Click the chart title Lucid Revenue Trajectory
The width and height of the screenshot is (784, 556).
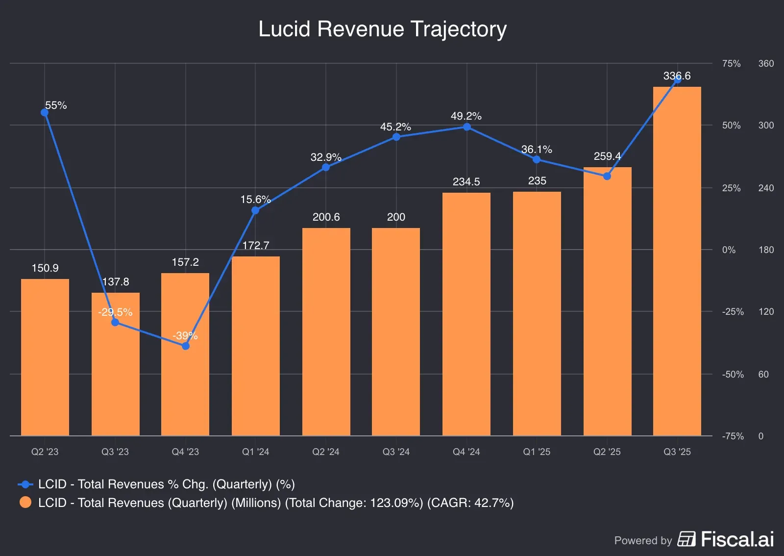tap(382, 29)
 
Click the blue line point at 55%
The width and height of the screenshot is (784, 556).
tap(45, 113)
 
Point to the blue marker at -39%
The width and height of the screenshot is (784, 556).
tap(186, 346)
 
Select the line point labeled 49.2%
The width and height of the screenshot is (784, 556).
tap(467, 127)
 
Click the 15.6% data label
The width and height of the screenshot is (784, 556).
tap(255, 200)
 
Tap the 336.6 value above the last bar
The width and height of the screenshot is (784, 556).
tap(677, 76)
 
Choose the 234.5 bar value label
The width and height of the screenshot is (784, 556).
tap(466, 182)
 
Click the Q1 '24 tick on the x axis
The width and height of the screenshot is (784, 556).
tap(255, 452)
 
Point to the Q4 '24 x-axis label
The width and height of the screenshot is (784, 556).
tap(466, 452)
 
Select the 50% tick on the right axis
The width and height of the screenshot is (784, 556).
tap(731, 126)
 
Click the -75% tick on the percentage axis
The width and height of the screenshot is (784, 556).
tap(733, 436)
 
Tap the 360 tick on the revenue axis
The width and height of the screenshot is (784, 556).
tap(766, 64)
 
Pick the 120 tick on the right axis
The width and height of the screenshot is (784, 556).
tap(766, 312)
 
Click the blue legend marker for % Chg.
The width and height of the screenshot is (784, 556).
tap(25, 484)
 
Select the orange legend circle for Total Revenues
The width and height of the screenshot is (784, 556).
tap(25, 503)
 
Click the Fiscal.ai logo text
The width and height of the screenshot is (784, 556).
tap(737, 540)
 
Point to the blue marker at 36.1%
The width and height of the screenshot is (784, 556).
tap(537, 159)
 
